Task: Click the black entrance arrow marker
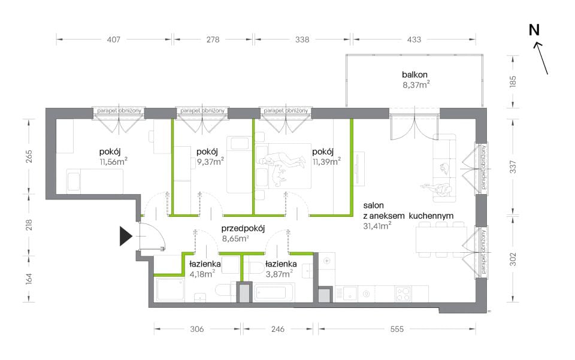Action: click(125, 236)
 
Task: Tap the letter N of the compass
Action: click(534, 30)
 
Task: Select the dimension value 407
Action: click(113, 39)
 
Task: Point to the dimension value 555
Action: click(397, 329)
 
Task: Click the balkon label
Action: click(414, 74)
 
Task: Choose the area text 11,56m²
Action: click(113, 161)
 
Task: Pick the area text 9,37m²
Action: click(210, 161)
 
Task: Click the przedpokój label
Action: click(243, 228)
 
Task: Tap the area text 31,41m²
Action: click(377, 226)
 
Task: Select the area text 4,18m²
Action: click(202, 274)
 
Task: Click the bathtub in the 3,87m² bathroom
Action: click(274, 292)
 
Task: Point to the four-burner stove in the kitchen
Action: click(403, 294)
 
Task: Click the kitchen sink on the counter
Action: click(350, 294)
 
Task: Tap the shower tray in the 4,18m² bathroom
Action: click(170, 290)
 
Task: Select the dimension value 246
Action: click(277, 329)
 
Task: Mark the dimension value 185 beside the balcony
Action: click(513, 81)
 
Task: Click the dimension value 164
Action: click(29, 279)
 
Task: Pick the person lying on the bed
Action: click(282, 161)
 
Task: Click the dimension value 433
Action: click(414, 39)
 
